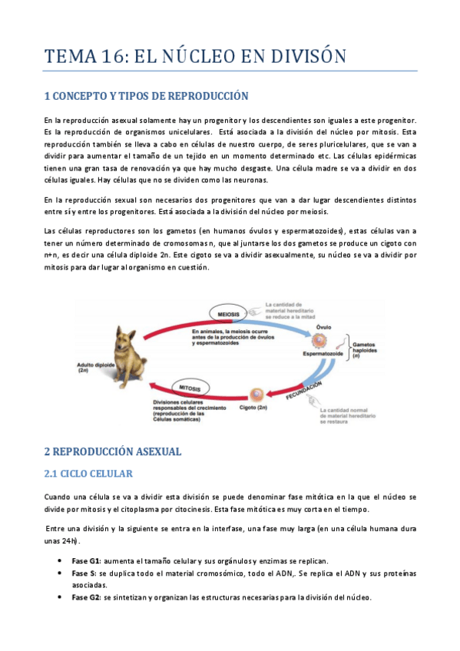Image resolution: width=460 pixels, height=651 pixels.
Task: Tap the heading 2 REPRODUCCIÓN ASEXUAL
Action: click(113, 451)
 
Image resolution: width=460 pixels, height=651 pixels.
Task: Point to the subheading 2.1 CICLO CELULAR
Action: click(88, 474)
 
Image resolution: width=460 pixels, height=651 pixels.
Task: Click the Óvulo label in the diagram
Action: click(323, 328)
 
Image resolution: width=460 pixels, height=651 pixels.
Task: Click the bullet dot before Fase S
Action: click(60, 573)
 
